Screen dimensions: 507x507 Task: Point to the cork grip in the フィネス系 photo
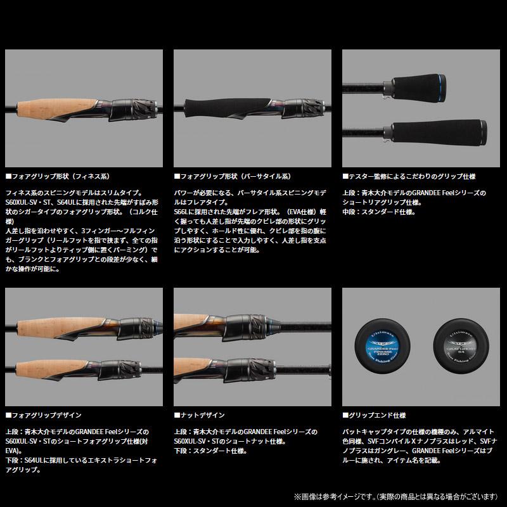click(54, 109)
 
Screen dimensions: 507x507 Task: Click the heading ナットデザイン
click(200, 415)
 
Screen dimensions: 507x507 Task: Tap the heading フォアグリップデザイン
click(44, 415)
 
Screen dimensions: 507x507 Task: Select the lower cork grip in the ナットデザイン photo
click(196, 367)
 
